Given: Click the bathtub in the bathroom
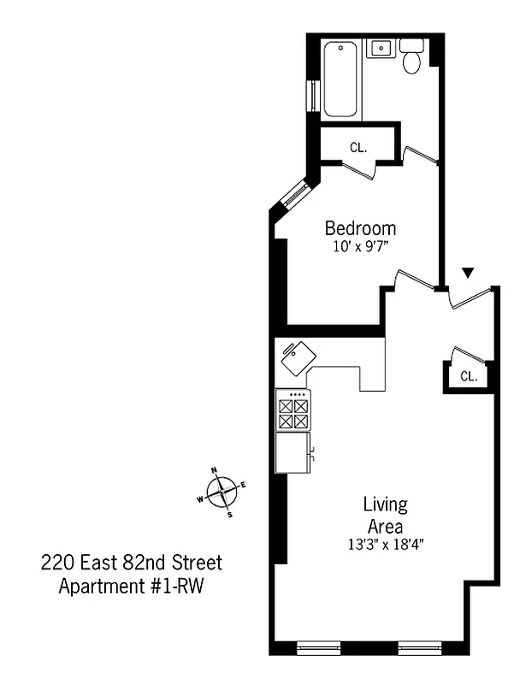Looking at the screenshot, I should [342, 78].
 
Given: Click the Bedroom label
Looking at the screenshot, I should [360, 228].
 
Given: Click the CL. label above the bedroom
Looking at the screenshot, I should [358, 147].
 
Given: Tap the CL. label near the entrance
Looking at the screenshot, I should [468, 376].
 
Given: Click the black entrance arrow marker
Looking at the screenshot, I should [467, 273].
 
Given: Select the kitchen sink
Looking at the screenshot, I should [298, 357].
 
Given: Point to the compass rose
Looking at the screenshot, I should [222, 492].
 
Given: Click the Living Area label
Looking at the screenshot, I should [385, 514].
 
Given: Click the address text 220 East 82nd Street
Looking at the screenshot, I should [132, 563].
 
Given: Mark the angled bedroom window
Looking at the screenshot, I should [291, 193].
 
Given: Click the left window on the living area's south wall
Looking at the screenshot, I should [318, 648].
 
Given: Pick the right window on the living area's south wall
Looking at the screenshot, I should [419, 648].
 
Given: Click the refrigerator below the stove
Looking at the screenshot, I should [292, 451].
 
